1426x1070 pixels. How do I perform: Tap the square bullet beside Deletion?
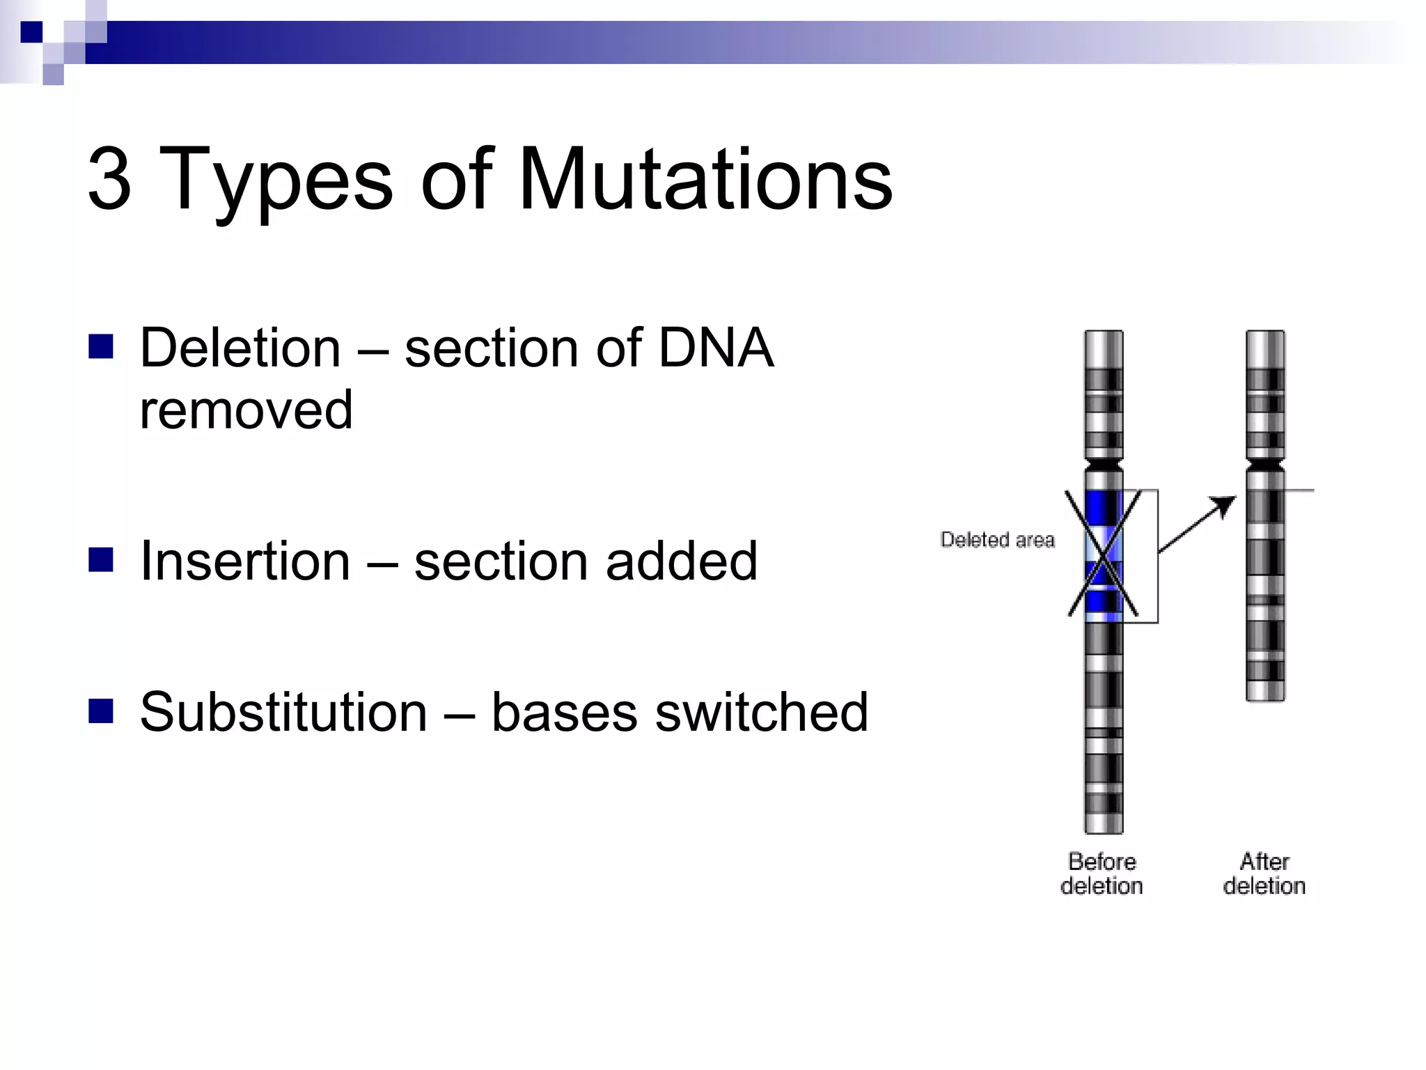(101, 346)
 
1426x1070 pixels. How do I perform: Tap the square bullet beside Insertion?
(101, 559)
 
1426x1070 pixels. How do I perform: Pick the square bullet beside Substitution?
(101, 711)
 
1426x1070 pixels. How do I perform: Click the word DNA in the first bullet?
(716, 348)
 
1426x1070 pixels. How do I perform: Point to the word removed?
(246, 410)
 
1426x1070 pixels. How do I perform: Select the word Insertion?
(245, 561)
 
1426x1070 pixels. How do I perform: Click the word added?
(681, 561)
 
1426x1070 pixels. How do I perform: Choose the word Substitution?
(283, 712)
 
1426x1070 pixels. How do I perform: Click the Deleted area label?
(997, 540)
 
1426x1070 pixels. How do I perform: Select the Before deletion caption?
(1102, 874)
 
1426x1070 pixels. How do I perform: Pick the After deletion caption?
(1264, 874)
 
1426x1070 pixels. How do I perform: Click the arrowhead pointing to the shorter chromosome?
(1225, 504)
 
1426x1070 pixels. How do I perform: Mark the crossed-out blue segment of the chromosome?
(1104, 554)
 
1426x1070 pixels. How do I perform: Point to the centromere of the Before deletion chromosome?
(1104, 463)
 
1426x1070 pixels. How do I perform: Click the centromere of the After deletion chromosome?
(1265, 465)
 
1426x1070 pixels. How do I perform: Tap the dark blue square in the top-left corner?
(31, 32)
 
